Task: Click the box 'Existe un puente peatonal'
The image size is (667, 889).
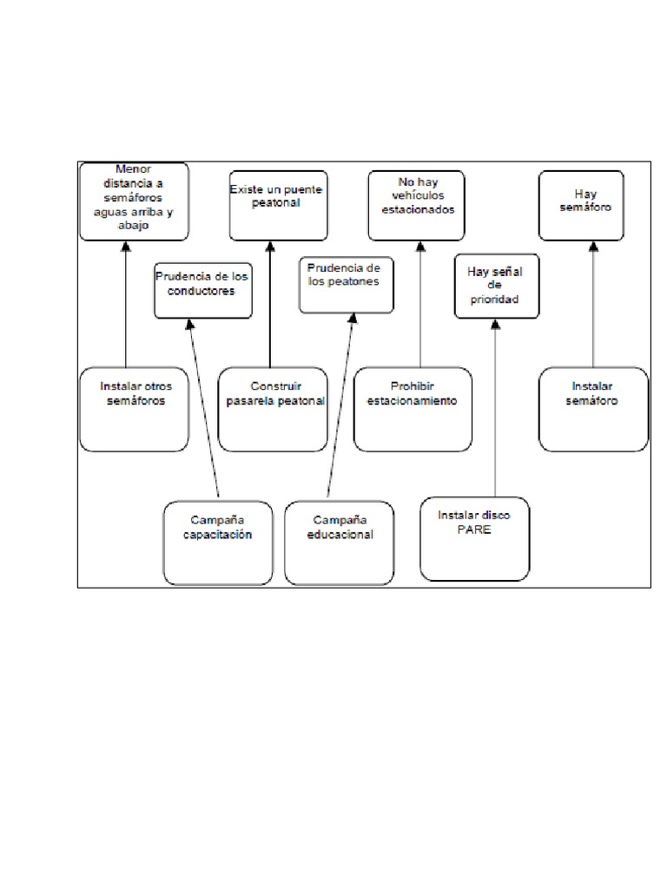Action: (278, 205)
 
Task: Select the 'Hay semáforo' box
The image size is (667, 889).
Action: (593, 205)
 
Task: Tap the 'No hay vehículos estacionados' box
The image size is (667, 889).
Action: (416, 205)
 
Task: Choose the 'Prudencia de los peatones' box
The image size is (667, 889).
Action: (345, 285)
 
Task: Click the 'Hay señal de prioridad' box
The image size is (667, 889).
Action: (493, 286)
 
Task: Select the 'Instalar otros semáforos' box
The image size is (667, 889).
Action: (133, 409)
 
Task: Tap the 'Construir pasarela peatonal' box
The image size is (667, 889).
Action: (273, 409)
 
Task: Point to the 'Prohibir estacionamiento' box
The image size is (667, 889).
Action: (413, 409)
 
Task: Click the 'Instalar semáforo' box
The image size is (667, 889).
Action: (593, 409)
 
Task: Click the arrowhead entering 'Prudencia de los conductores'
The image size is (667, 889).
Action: (190, 325)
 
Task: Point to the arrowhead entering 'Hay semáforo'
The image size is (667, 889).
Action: (594, 247)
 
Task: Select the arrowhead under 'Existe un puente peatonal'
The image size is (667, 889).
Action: (270, 247)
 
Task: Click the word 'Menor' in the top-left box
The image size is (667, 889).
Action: (134, 169)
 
